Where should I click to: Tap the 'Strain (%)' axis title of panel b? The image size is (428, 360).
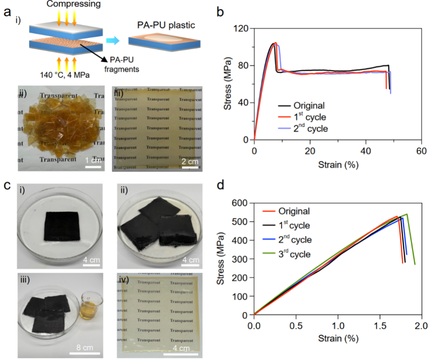point(338,164)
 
